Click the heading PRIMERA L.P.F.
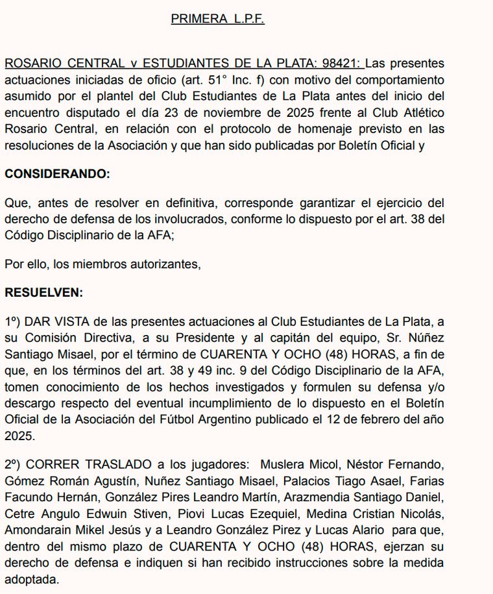point(217,19)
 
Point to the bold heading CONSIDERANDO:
point(57,174)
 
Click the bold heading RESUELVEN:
point(43,292)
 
